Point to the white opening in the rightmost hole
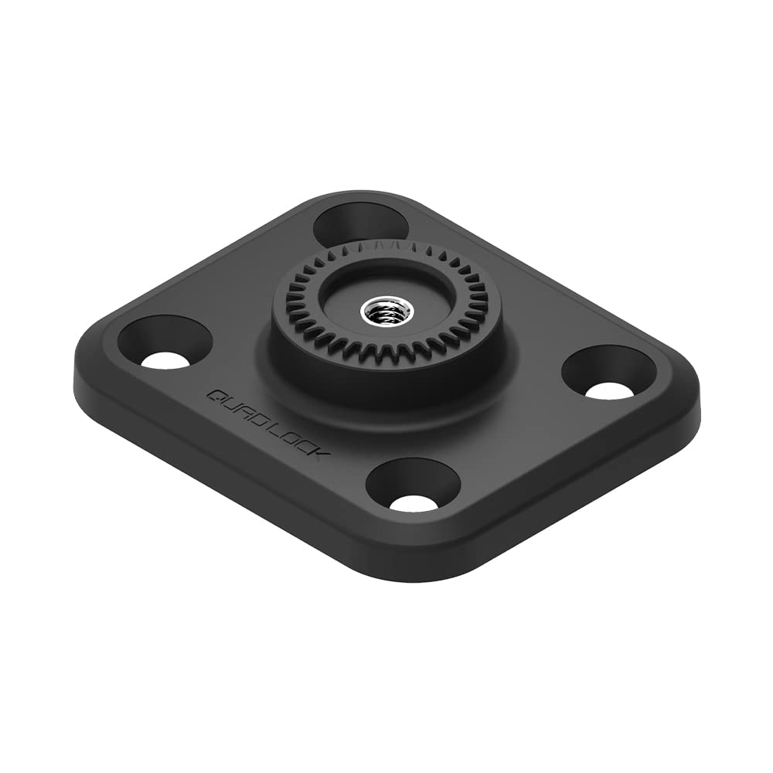[610, 390]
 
